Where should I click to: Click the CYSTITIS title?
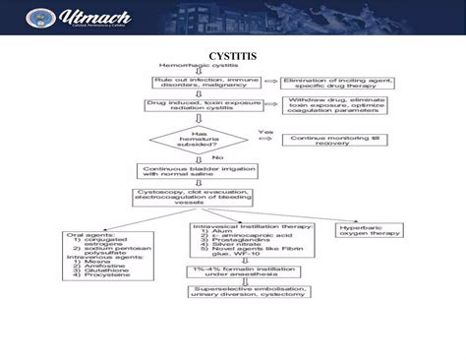click(232, 55)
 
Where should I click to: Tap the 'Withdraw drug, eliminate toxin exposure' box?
click(332, 105)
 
